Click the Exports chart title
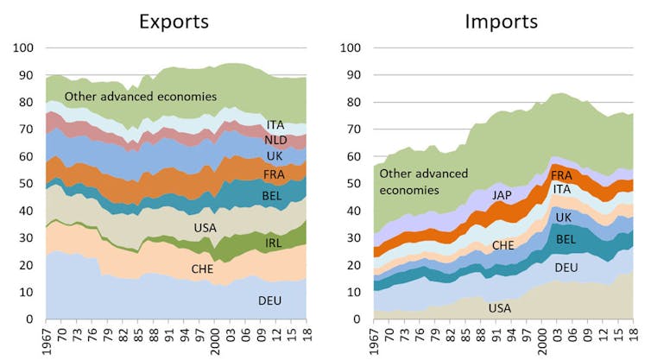(x=174, y=21)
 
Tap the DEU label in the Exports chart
(x=270, y=300)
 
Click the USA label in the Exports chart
(x=204, y=227)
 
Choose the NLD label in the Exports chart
(x=276, y=140)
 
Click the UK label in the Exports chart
(x=275, y=156)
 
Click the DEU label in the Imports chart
(x=566, y=268)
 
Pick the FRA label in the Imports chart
(x=562, y=175)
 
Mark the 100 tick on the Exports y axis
(x=26, y=47)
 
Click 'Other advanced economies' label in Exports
(x=140, y=96)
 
